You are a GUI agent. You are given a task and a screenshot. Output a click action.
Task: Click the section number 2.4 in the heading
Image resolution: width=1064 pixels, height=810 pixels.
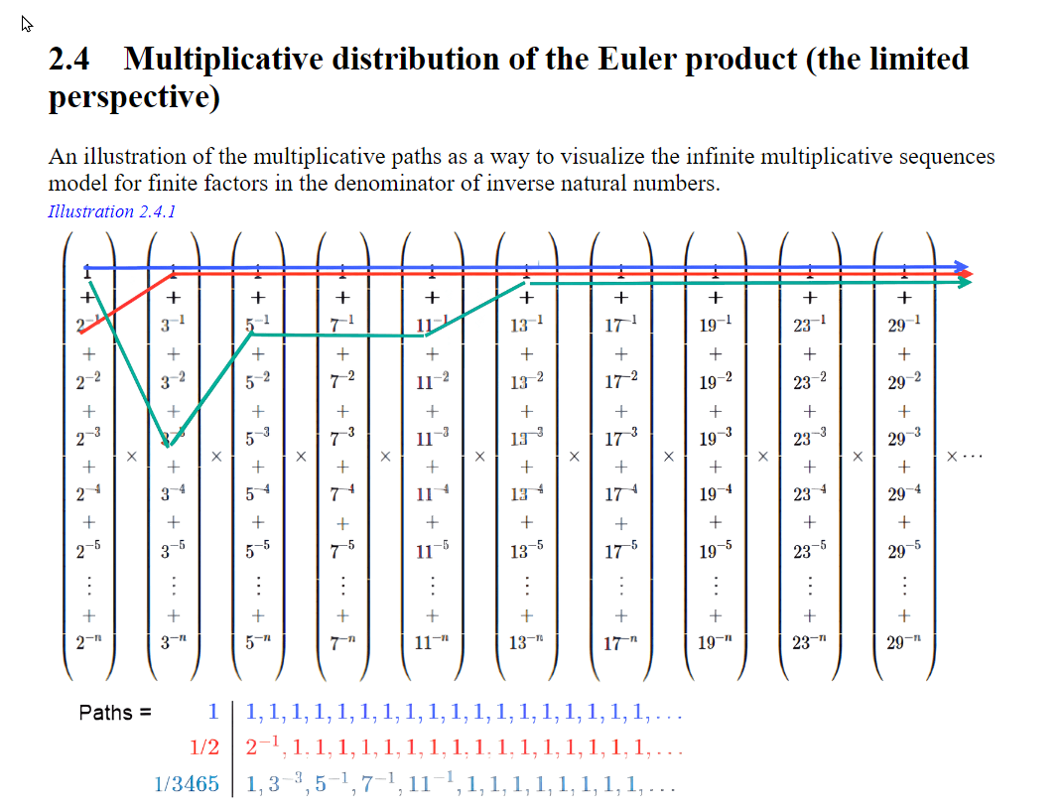tap(68, 60)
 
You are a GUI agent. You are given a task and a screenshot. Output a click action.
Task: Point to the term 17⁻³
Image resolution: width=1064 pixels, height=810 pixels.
tap(619, 438)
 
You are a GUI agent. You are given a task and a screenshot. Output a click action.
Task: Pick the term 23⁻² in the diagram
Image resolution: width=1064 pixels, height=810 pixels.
tap(809, 382)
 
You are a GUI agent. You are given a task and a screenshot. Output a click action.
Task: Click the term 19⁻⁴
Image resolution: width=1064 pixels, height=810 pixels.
tap(714, 493)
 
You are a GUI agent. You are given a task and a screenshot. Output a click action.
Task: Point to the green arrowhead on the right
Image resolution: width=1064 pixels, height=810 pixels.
tap(965, 283)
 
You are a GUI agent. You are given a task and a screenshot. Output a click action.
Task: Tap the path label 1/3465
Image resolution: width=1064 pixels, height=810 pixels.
tap(187, 784)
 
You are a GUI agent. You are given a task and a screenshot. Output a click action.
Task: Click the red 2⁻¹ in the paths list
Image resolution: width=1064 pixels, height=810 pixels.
tap(261, 746)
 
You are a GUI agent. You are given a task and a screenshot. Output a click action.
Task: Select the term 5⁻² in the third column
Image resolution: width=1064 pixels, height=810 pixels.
tap(257, 382)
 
